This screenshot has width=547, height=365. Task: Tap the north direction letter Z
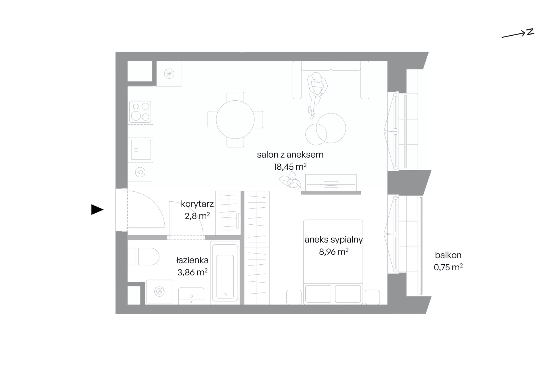pyautogui.click(x=530, y=32)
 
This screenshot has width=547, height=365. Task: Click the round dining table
pyautogui.click(x=235, y=119)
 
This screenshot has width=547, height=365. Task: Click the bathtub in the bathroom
pyautogui.click(x=225, y=273)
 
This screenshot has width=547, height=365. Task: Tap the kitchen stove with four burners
pyautogui.click(x=140, y=111)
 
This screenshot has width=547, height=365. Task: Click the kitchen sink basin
pyautogui.click(x=141, y=150)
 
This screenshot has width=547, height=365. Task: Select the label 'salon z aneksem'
pyautogui.click(x=290, y=155)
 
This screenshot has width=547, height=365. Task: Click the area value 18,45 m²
pyautogui.click(x=290, y=167)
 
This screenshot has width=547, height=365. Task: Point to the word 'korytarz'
pyautogui.click(x=197, y=204)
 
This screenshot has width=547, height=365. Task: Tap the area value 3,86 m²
pyautogui.click(x=192, y=272)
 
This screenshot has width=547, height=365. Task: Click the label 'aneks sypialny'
pyautogui.click(x=334, y=240)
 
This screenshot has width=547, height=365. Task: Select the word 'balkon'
pyautogui.click(x=448, y=255)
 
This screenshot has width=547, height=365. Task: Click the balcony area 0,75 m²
pyautogui.click(x=448, y=267)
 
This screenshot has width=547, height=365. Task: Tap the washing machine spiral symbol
pyautogui.click(x=159, y=291)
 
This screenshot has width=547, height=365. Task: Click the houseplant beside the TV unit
pyautogui.click(x=290, y=182)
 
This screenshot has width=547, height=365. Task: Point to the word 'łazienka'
pyautogui.click(x=192, y=260)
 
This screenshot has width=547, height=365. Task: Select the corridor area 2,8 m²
pyautogui.click(x=197, y=216)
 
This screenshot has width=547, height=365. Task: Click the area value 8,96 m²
pyautogui.click(x=334, y=252)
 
